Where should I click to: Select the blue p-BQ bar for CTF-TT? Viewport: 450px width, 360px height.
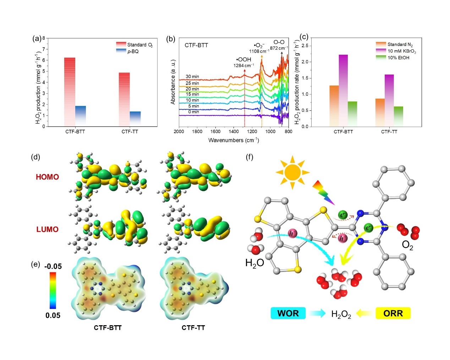click(135, 119)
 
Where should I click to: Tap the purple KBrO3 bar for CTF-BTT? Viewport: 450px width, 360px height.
click(343, 91)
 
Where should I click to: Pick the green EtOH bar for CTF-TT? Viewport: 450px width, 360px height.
click(399, 116)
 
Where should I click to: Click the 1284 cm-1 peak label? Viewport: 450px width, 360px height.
click(243, 65)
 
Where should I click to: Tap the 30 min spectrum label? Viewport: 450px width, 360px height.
click(192, 77)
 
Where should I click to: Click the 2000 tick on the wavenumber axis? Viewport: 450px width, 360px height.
click(179, 132)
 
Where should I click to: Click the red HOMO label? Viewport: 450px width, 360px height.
click(47, 177)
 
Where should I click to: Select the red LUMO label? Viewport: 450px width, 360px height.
click(47, 229)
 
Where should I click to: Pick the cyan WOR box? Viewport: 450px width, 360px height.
click(288, 313)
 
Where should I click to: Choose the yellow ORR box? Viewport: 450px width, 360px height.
click(393, 313)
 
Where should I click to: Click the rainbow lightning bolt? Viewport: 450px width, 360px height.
click(323, 192)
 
